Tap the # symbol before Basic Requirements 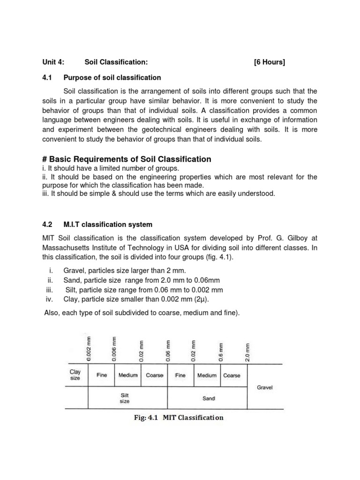click(45, 159)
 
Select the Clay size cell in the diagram click(75, 375)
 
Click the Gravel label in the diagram click(265, 388)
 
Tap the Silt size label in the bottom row click(124, 398)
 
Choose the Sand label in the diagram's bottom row click(209, 398)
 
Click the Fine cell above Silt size click(101, 375)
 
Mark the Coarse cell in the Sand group click(232, 375)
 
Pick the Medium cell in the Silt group click(128, 375)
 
